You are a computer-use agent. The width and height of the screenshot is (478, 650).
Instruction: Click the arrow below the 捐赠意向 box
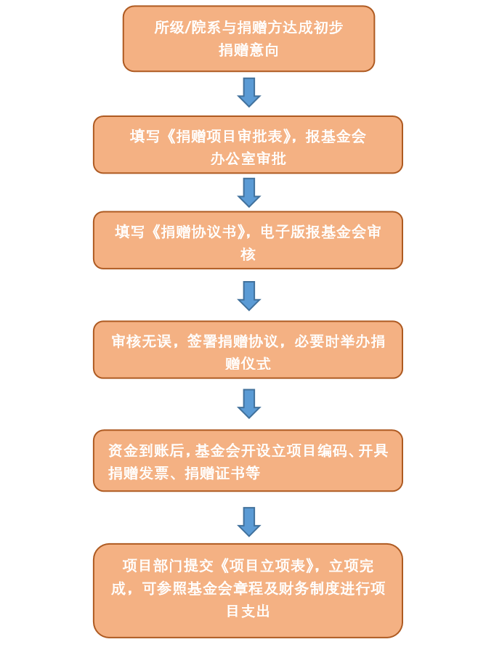point(249,92)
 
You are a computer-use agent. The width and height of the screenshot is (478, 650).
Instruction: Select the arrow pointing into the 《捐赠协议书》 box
point(249,192)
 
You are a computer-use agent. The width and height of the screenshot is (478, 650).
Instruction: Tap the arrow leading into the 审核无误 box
point(249,296)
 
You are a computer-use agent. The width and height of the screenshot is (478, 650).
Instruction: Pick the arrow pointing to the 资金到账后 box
point(249,404)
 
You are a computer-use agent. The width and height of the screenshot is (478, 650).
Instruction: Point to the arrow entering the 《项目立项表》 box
point(249,521)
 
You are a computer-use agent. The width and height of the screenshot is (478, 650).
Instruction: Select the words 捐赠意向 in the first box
point(249,50)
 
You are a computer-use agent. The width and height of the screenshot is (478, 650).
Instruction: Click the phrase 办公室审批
point(248,159)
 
